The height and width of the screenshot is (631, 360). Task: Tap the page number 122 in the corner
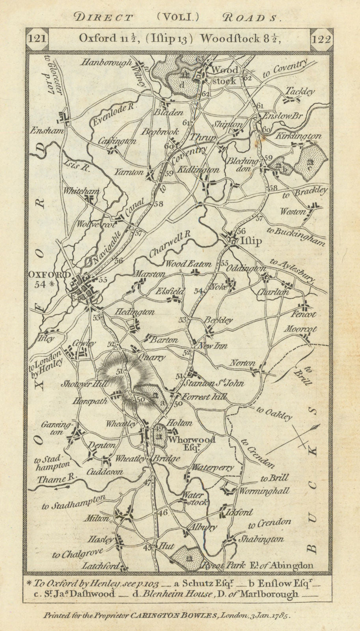click(x=321, y=39)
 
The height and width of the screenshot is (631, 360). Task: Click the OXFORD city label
click(x=49, y=274)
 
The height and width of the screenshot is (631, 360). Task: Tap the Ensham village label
click(x=45, y=131)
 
